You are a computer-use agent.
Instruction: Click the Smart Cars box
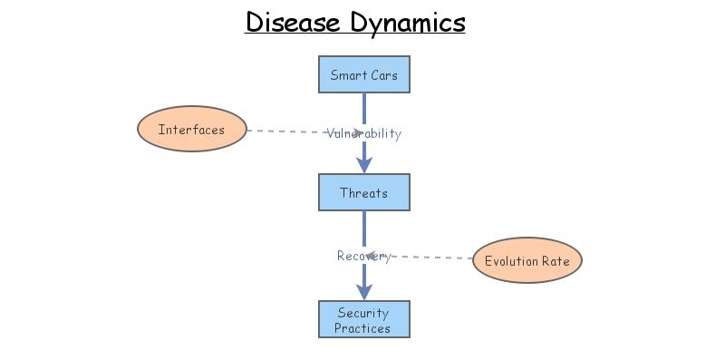[x=363, y=74]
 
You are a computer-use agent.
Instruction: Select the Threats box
[x=363, y=192]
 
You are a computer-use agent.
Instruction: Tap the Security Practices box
[x=363, y=319]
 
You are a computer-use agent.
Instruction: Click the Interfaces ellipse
[x=191, y=130]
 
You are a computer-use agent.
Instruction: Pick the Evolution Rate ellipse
[x=527, y=261]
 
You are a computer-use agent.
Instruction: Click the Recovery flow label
[x=363, y=256]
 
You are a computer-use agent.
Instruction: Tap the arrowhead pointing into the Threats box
[x=363, y=165]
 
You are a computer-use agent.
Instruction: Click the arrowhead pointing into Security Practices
[x=363, y=292]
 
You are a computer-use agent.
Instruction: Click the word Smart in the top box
[x=348, y=74]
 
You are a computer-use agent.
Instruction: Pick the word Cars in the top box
[x=383, y=74]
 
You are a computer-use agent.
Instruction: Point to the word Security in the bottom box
[x=363, y=313]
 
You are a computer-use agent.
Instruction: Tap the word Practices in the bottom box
[x=363, y=327]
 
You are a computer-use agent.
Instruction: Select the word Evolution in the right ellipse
[x=512, y=261]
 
